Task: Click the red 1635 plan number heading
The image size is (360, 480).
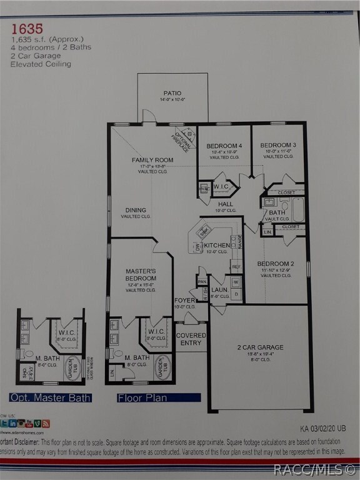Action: click(26, 29)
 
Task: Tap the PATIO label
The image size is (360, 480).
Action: click(172, 93)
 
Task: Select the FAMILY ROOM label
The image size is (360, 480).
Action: click(152, 160)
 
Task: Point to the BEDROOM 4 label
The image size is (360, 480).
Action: click(224, 146)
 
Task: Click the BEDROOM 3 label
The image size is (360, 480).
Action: click(278, 145)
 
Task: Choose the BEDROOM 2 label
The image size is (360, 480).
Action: click(276, 264)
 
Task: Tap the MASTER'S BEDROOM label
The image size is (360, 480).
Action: click(141, 274)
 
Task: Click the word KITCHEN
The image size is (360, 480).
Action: click(217, 246)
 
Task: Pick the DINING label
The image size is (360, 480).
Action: click(136, 211)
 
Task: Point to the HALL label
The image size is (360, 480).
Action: click(226, 204)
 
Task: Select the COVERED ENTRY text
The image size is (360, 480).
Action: click(191, 339)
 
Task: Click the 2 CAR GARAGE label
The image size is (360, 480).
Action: click(260, 347)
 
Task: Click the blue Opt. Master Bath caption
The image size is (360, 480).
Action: click(50, 397)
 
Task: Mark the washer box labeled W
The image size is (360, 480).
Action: click(236, 282)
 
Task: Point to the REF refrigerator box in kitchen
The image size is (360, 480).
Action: click(236, 267)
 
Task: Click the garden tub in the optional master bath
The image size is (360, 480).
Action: click(72, 368)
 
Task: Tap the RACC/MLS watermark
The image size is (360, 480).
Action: click(314, 469)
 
